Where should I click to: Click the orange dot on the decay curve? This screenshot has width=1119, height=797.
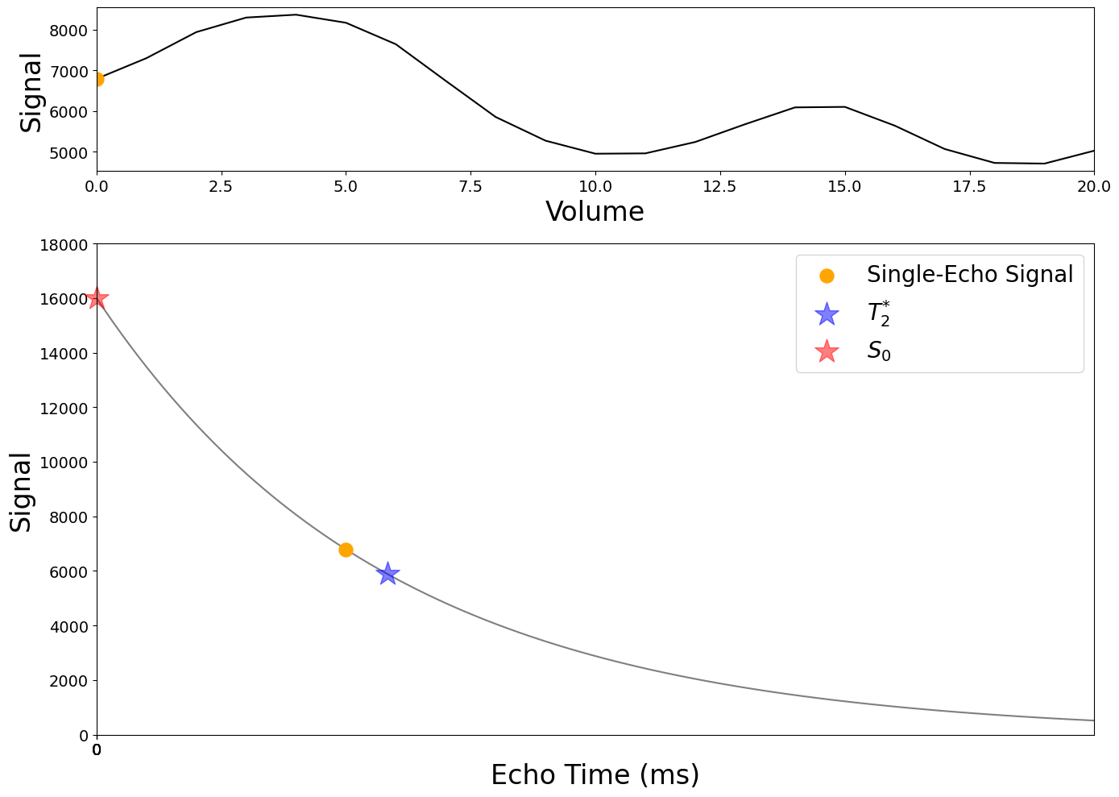pyautogui.click(x=346, y=550)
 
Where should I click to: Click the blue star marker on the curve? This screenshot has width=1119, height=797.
pyautogui.click(x=388, y=574)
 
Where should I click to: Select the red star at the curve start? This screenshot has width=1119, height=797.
pyautogui.click(x=97, y=298)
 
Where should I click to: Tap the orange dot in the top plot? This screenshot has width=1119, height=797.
pyautogui.click(x=97, y=79)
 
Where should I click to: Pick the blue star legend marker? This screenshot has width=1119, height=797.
pyautogui.click(x=827, y=313)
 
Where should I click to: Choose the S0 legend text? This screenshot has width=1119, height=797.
pyautogui.click(x=879, y=351)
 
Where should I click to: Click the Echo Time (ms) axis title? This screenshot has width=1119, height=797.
pyautogui.click(x=595, y=774)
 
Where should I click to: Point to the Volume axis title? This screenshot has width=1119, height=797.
pyautogui.click(x=595, y=212)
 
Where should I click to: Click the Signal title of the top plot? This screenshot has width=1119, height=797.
pyautogui.click(x=31, y=92)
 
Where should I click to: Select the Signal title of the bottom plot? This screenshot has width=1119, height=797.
pyautogui.click(x=21, y=492)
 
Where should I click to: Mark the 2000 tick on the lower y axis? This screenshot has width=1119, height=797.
pyautogui.click(x=72, y=681)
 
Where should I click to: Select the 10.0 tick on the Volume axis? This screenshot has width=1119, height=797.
pyautogui.click(x=595, y=187)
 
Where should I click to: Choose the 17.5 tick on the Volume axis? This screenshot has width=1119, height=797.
pyautogui.click(x=969, y=187)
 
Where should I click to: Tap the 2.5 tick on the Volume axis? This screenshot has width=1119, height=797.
pyautogui.click(x=221, y=187)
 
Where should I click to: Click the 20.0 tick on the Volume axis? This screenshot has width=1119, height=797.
pyautogui.click(x=1093, y=187)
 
